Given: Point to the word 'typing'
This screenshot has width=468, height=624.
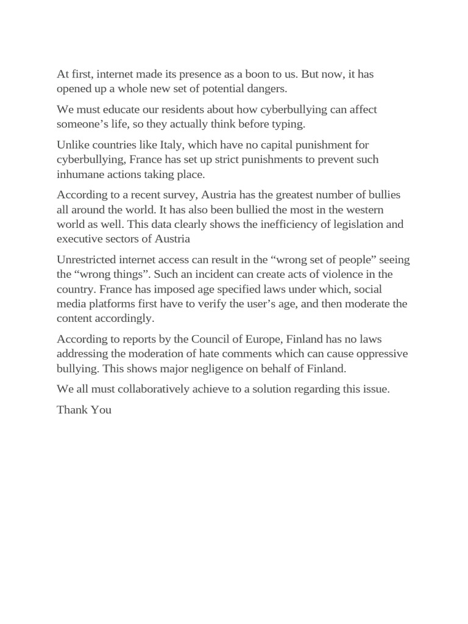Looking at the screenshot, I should pos(288,124).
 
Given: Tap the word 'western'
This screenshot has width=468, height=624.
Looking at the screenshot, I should pos(377,209).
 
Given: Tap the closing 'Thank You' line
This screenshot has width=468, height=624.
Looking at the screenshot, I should pos(84,409).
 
